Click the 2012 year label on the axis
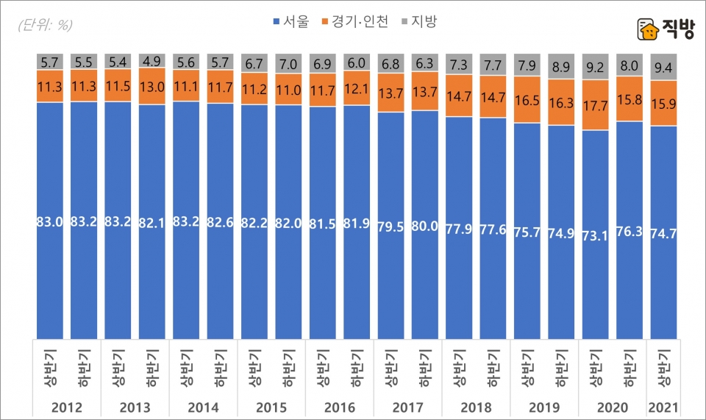tap(67, 407)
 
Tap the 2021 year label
tap(663, 407)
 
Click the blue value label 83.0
tap(50, 223)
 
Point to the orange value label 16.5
tap(527, 99)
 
